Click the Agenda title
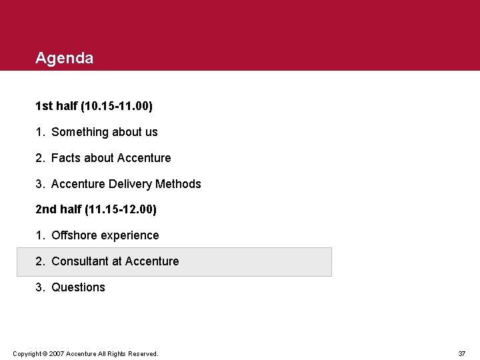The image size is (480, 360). pos(65,59)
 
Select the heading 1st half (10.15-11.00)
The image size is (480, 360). pos(94,106)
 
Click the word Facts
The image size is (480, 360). pos(65,158)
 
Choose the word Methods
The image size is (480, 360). pos(178,184)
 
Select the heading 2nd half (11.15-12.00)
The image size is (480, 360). pos(96,209)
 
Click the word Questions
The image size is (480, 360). pos(78,287)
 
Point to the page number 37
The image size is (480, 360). pos(461,353)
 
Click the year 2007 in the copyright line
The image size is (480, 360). pos(55,353)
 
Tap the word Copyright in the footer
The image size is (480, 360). pos(27,353)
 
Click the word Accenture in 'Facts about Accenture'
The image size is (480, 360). pos(143,158)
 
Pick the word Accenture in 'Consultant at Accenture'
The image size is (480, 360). pos(151,261)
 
